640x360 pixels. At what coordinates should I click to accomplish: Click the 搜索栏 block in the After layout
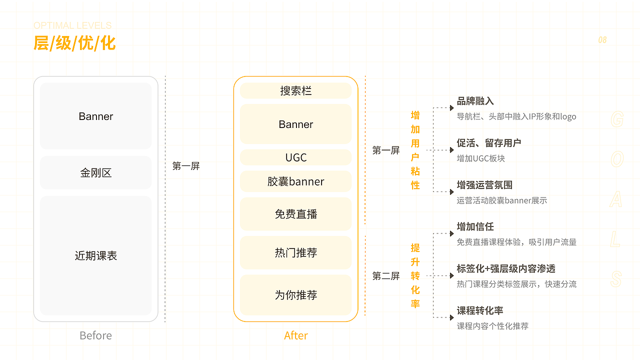pos(295,91)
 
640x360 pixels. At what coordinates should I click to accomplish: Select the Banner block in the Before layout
pos(95,116)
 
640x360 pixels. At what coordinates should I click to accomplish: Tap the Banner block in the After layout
pos(295,124)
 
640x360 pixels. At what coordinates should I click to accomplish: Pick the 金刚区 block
pos(95,173)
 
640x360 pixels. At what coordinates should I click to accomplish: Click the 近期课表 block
pos(95,255)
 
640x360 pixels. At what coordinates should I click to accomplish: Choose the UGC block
pos(295,157)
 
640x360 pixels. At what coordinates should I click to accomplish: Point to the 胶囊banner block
pos(295,181)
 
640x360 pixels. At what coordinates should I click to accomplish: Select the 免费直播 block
pos(295,214)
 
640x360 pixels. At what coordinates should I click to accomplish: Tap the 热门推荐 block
pos(295,253)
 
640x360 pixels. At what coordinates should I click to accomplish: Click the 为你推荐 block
pos(295,295)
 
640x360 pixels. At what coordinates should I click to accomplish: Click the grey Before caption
pos(95,335)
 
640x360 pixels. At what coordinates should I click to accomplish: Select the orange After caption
pos(295,335)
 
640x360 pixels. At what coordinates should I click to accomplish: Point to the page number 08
pos(602,40)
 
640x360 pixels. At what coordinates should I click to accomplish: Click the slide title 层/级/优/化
pos(74,43)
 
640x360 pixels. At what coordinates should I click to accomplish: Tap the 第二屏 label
pos(386,276)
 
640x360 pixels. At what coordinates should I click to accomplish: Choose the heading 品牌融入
pos(475,101)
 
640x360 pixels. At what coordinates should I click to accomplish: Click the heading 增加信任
pos(475,226)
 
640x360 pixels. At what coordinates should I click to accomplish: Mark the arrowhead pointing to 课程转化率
pos(451,317)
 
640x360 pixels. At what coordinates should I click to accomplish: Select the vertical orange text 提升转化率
pos(415,276)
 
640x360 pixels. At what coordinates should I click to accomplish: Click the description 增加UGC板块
pos(480,158)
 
